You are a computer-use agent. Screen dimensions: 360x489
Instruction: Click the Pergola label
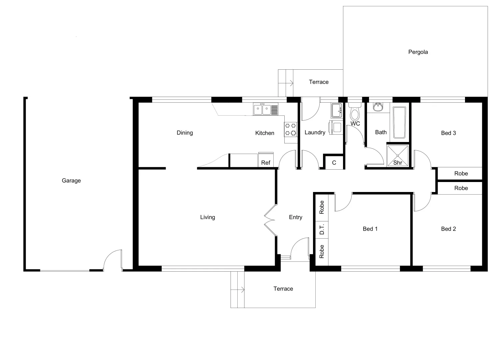point(418,52)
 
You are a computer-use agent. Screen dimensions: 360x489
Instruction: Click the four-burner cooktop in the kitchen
point(290,129)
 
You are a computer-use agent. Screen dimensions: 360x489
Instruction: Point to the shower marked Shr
point(397,155)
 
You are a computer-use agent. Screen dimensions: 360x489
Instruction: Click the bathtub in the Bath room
point(399,122)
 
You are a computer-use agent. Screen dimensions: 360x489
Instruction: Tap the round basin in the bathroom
point(378,107)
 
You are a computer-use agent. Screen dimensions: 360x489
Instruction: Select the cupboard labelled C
point(334,163)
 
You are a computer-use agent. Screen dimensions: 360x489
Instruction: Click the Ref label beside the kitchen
point(266,163)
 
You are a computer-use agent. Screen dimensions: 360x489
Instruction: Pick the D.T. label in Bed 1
point(322,229)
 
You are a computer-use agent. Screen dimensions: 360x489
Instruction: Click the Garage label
point(71,181)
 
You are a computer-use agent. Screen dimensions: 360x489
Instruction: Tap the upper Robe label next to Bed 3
point(461,173)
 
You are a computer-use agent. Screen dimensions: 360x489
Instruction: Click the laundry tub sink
point(336,110)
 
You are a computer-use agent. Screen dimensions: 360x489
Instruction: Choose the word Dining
point(185,133)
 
